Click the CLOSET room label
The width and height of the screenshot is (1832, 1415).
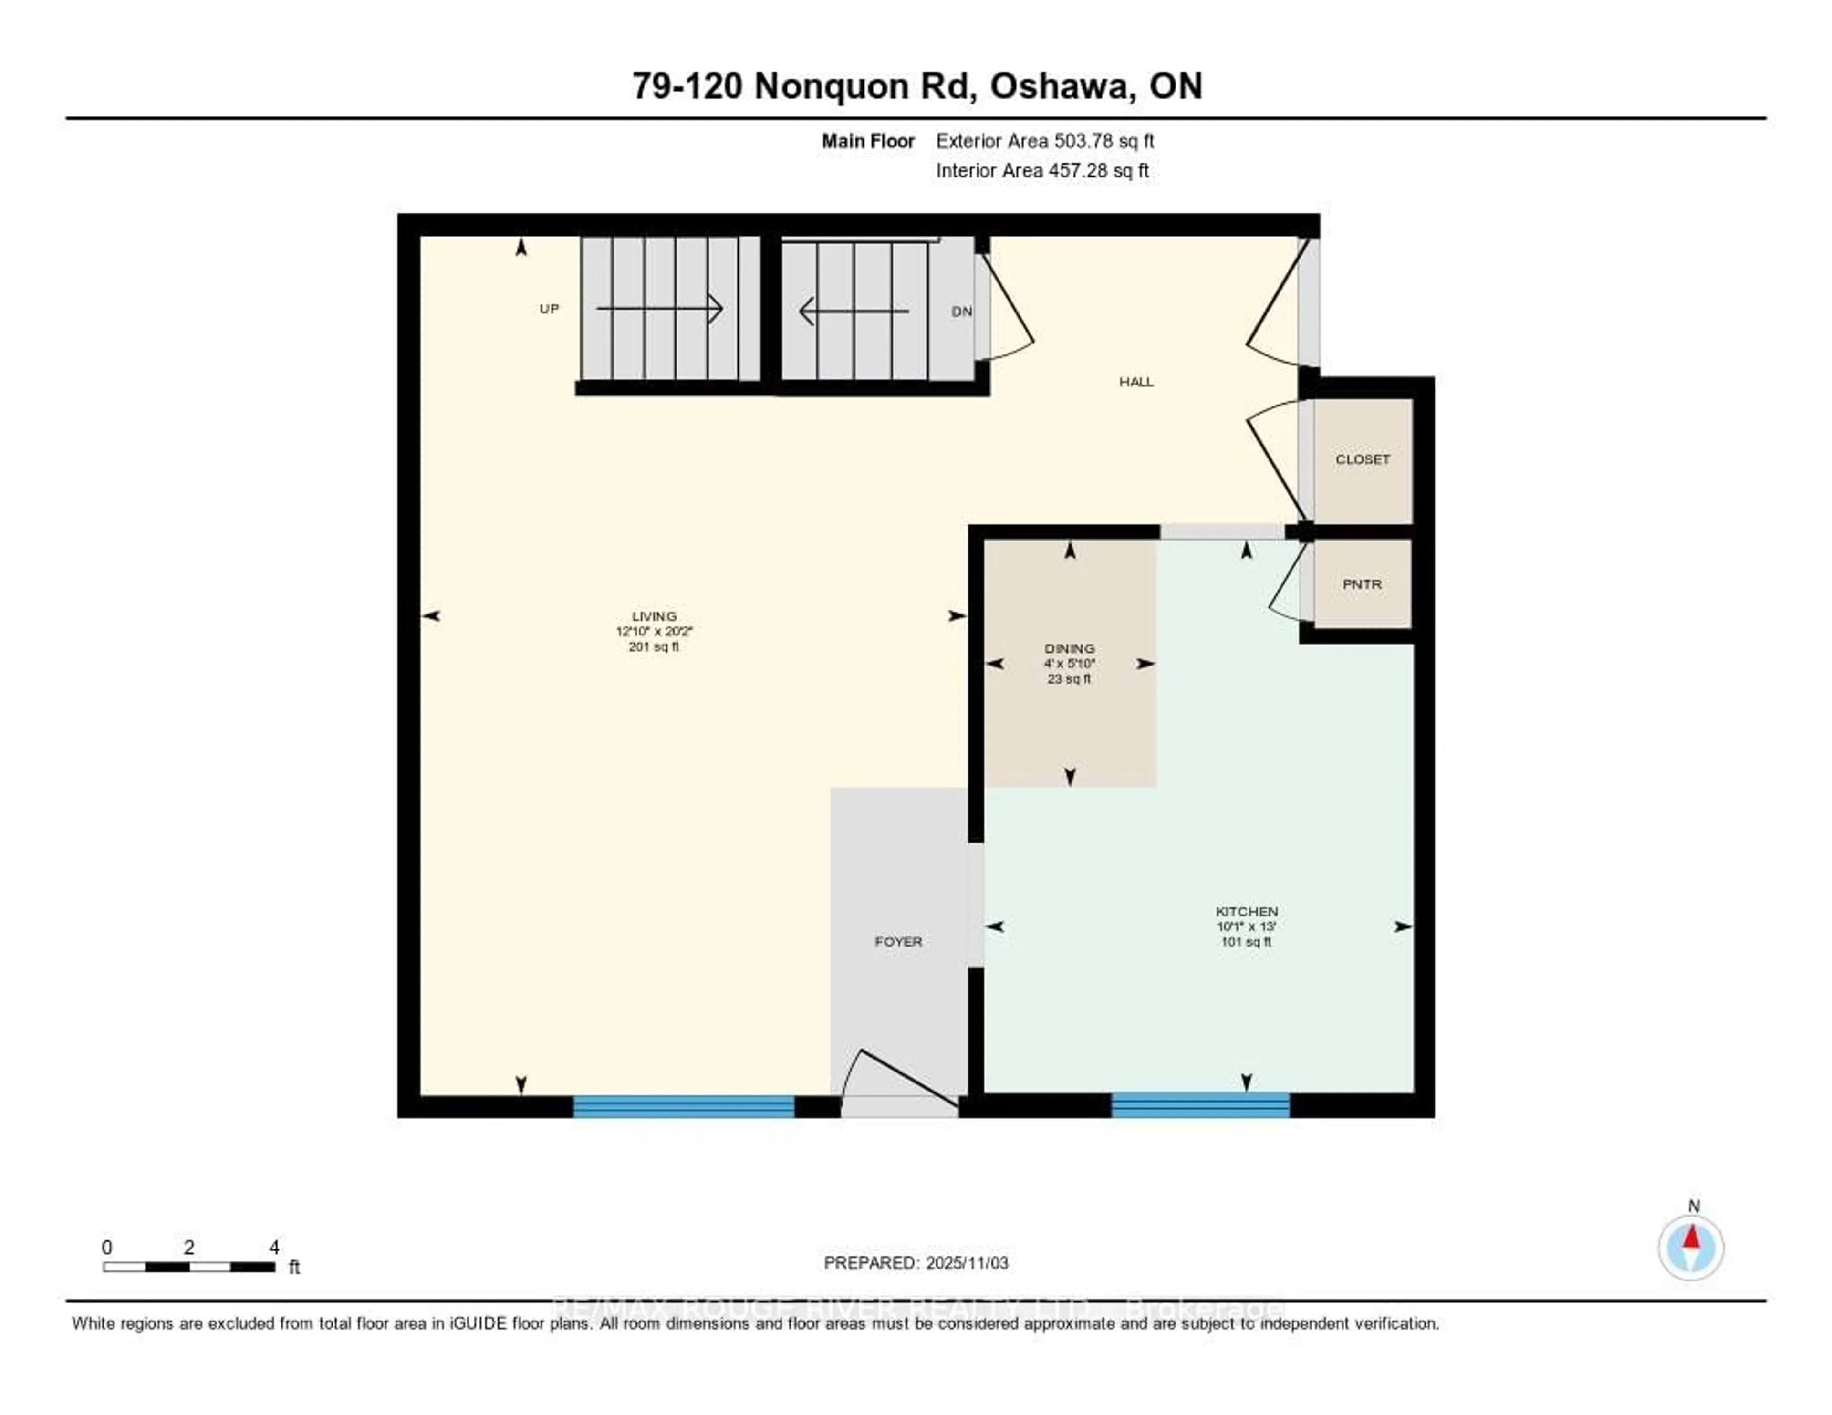point(1362,459)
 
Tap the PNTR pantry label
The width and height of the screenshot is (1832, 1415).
point(1362,584)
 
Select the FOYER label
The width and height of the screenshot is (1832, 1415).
point(898,942)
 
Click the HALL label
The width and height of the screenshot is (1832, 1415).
point(1136,382)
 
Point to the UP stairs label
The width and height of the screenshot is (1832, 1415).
point(549,309)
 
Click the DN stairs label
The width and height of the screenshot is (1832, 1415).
point(961,311)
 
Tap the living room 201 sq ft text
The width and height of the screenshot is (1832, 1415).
point(654,647)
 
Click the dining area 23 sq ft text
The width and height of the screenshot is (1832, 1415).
point(1069,678)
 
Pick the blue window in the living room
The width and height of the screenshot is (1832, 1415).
point(684,1106)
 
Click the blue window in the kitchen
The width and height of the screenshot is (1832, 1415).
point(1200,1104)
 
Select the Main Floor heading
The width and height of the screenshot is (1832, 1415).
point(867,141)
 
